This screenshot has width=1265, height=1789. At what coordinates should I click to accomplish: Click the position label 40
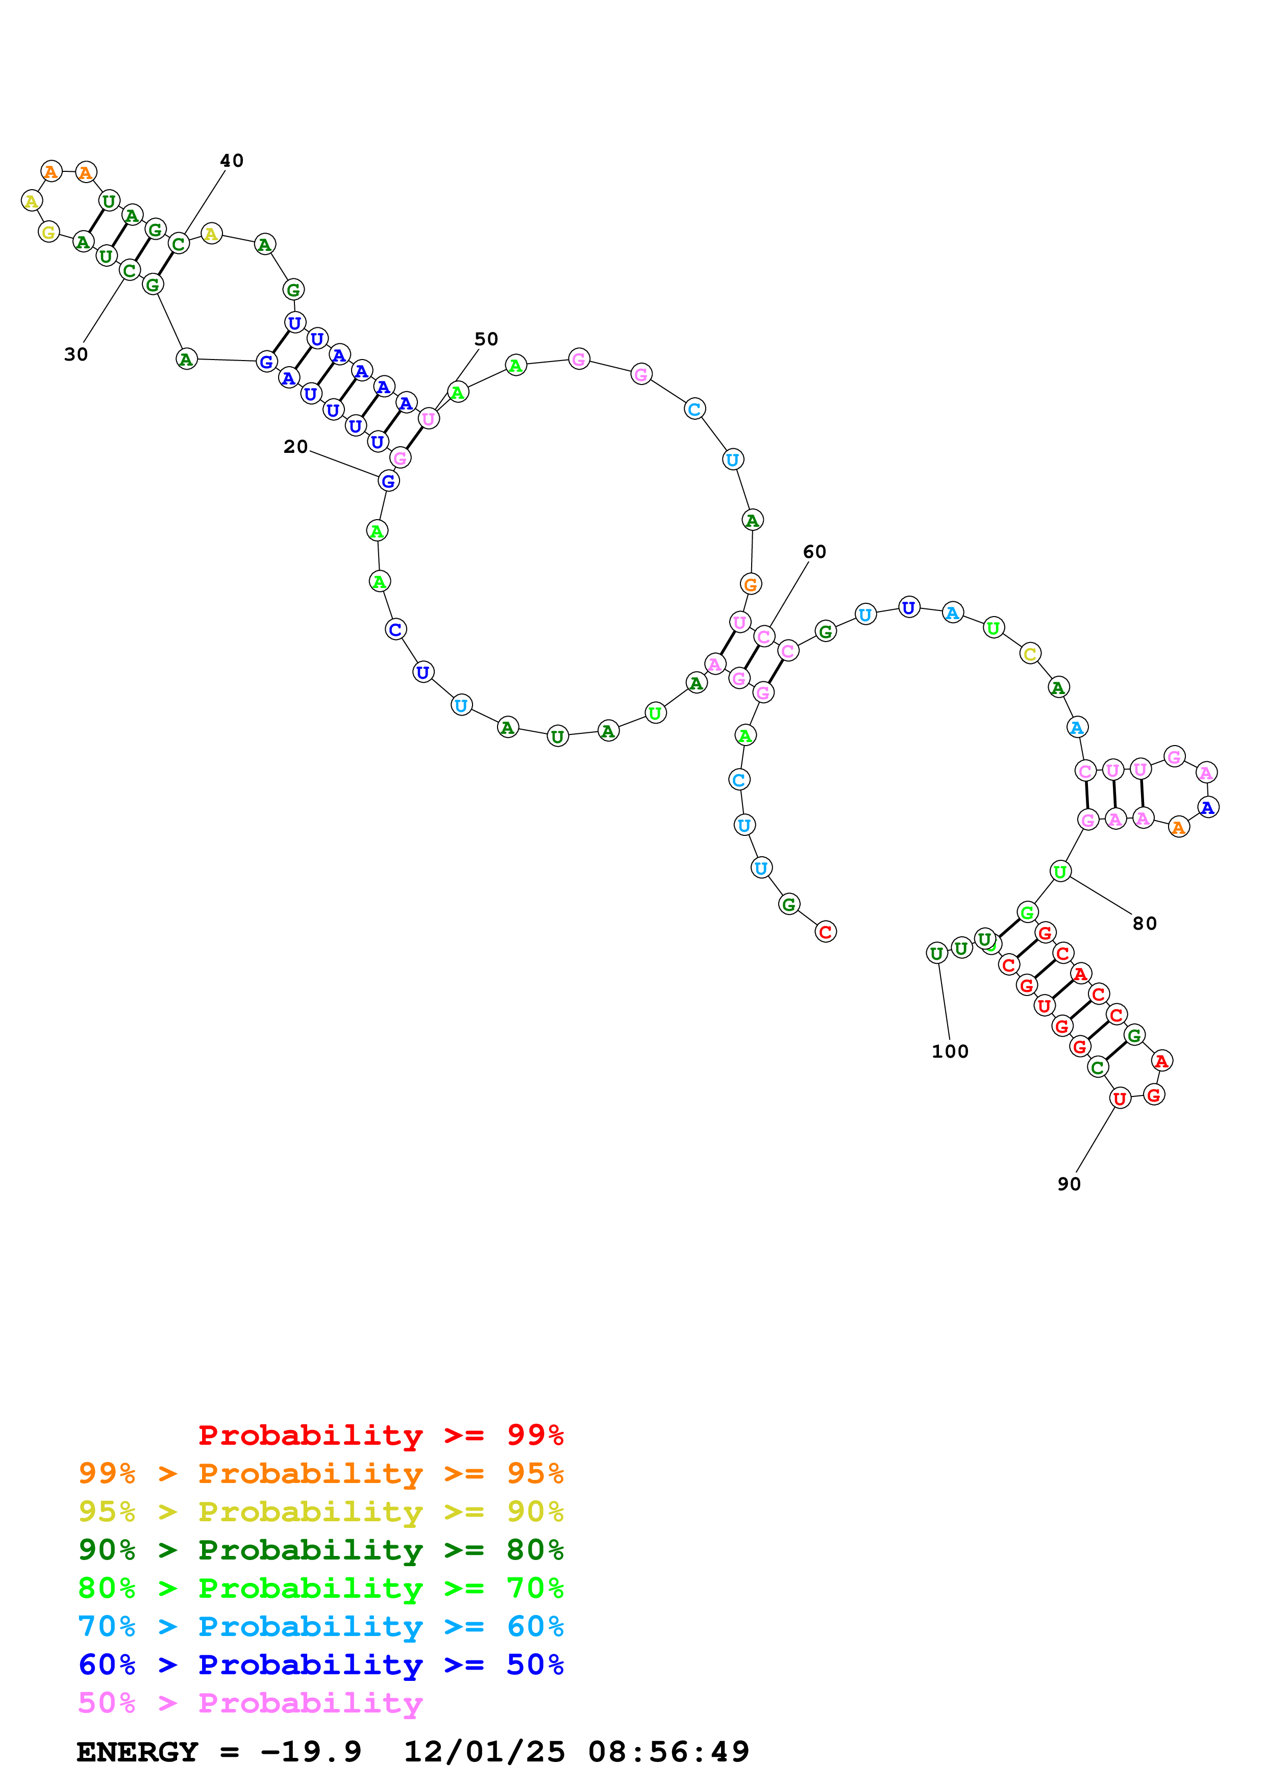click(232, 161)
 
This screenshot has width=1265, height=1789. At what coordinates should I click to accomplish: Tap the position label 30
click(76, 354)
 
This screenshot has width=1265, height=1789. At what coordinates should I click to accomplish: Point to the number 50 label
click(486, 339)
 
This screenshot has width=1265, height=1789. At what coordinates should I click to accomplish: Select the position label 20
click(295, 446)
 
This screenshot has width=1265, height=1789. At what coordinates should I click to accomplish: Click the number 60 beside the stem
click(814, 552)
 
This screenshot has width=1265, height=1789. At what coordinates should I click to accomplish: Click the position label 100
click(950, 1051)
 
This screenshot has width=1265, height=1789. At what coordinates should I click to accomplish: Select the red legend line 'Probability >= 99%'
click(381, 1435)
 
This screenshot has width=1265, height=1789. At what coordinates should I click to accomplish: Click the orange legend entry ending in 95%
click(321, 1473)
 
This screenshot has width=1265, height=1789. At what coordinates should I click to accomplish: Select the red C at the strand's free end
click(826, 931)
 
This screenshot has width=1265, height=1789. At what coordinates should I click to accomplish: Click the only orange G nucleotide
click(751, 583)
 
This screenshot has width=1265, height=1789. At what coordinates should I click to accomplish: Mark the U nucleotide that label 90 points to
click(1119, 1098)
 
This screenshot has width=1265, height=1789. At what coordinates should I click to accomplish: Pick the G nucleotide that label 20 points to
click(388, 481)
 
